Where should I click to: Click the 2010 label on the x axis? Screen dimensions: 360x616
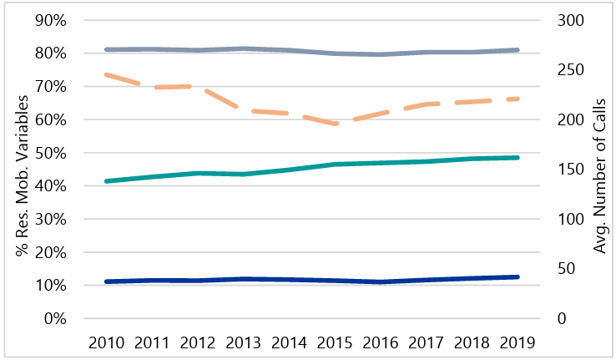click(108, 342)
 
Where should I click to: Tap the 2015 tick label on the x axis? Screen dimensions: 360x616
click(336, 342)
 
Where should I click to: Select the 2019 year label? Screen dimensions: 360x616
click(518, 342)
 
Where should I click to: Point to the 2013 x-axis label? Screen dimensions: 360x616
click(245, 342)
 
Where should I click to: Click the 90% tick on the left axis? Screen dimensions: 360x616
click(49, 20)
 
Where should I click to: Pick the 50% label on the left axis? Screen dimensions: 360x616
click(49, 153)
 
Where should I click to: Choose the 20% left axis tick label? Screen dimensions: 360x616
click(49, 252)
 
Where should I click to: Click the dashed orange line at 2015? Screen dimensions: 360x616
click(336, 124)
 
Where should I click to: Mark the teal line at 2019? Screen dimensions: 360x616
click(517, 157)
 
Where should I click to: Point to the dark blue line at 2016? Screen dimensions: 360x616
click(381, 281)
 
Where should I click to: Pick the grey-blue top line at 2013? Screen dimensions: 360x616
click(245, 48)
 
